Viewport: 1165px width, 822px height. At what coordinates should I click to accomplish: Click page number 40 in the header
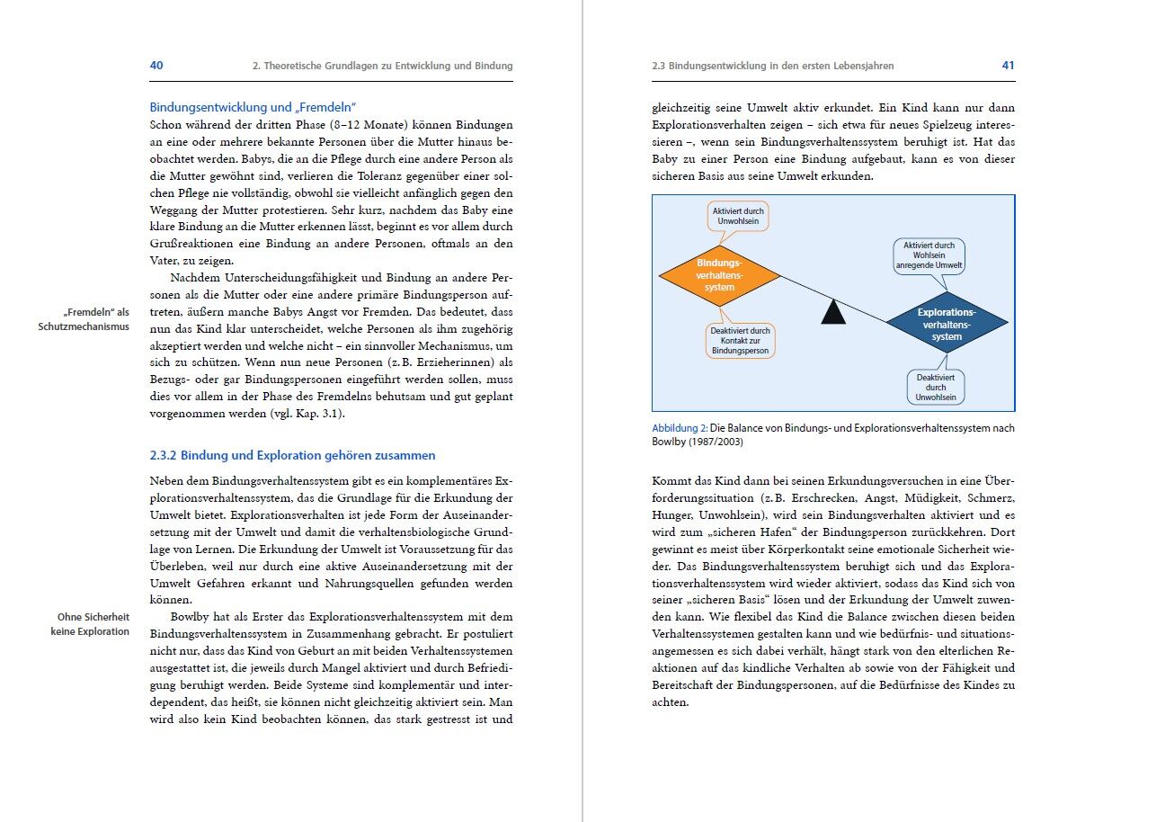(156, 66)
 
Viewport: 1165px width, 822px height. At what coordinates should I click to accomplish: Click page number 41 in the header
(1008, 66)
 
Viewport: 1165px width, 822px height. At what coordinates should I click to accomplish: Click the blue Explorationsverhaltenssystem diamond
(947, 324)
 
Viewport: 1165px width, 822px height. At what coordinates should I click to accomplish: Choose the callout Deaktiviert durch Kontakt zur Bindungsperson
(740, 341)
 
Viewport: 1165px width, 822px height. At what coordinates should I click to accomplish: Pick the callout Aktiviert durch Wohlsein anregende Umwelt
(929, 255)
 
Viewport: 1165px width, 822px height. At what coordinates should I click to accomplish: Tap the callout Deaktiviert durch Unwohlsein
(936, 388)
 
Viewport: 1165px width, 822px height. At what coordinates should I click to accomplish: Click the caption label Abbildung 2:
(680, 428)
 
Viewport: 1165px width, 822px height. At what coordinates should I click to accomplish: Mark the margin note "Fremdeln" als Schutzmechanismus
(84, 319)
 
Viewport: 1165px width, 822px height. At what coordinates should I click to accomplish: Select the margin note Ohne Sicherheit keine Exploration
(90, 624)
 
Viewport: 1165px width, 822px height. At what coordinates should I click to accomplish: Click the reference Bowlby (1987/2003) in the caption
(698, 442)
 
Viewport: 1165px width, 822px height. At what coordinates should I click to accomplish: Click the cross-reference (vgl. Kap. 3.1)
(307, 414)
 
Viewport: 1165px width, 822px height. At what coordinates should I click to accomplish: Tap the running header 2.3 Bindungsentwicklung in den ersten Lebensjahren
(773, 67)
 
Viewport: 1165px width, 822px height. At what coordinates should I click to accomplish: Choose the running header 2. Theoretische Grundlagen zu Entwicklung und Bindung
(382, 67)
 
